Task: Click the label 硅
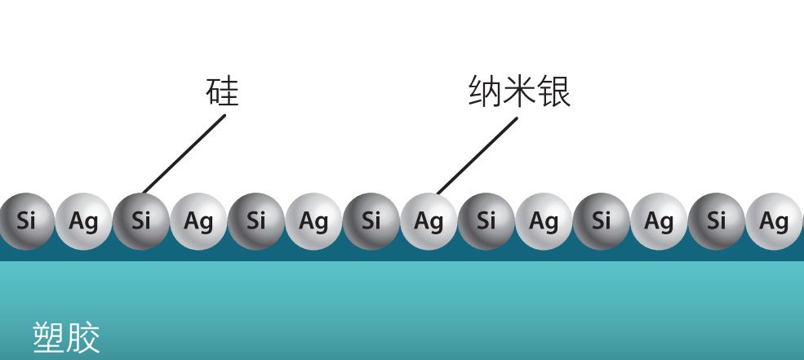click(x=222, y=91)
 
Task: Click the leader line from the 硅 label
click(x=184, y=154)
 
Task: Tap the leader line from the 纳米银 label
click(x=477, y=156)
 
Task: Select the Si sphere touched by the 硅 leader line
click(x=141, y=220)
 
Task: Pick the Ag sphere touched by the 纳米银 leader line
click(x=429, y=220)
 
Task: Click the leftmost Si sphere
click(x=25, y=220)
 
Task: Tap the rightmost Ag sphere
click(x=774, y=220)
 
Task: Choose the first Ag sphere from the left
click(x=83, y=220)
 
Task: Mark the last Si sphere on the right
click(x=716, y=220)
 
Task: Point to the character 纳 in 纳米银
click(x=485, y=91)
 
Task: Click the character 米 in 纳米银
click(x=519, y=91)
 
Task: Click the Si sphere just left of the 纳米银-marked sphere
click(x=371, y=220)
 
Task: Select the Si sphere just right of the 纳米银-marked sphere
click(x=486, y=220)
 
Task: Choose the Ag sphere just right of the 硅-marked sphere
click(x=198, y=220)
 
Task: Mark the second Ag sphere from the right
click(x=659, y=220)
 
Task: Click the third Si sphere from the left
click(x=256, y=220)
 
